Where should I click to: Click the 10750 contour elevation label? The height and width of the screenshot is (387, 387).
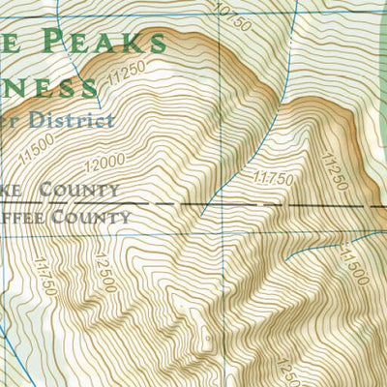coord(227,15)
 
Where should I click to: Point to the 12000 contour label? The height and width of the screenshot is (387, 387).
coord(109,161)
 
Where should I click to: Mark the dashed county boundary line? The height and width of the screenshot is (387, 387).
coord(290,206)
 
